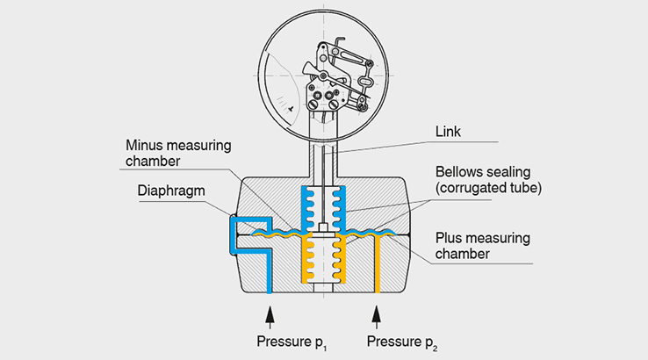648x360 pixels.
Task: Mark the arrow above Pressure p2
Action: coord(377,313)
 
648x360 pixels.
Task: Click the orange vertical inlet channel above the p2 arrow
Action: coord(377,268)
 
